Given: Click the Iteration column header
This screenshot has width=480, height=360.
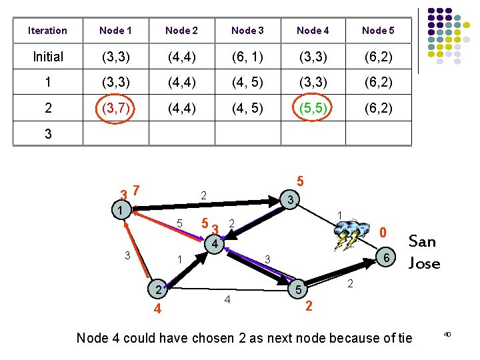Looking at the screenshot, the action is tap(47, 31).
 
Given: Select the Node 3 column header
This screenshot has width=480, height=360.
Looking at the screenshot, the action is tap(247, 31).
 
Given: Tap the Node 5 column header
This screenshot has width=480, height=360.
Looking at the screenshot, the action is tap(378, 31).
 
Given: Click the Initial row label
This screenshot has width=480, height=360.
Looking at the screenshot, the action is tap(47, 57).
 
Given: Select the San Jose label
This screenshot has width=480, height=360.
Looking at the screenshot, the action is tap(424, 251).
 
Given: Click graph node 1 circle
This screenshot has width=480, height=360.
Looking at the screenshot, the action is tap(119, 211).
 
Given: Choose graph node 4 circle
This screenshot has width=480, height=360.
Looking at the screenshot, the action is tap(214, 245).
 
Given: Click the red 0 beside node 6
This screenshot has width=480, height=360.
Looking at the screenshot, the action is tap(383, 233).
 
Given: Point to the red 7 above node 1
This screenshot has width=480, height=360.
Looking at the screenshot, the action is tap(136, 190).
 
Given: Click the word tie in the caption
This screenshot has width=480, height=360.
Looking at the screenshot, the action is tap(404, 338).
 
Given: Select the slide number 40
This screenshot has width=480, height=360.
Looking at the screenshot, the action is tap(447, 333).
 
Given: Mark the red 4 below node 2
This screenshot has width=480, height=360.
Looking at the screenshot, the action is tap(157, 309).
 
